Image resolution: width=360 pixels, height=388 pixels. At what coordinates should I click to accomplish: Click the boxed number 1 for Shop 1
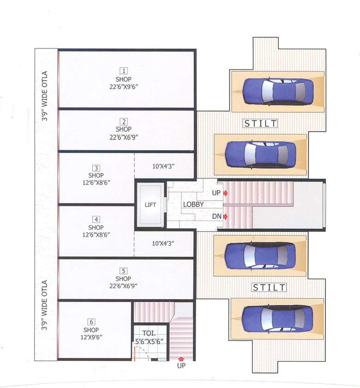[x=124, y=71]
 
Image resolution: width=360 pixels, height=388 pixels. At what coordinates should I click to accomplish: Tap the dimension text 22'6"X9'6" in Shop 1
[x=124, y=87]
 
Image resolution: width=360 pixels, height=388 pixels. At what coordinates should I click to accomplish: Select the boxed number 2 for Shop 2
[x=124, y=122]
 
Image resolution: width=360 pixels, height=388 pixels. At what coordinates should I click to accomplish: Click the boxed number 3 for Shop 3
[x=96, y=168]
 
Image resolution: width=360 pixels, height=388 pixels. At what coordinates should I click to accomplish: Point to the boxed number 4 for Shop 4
[x=96, y=219]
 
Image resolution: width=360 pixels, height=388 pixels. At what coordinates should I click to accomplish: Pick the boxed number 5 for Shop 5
[x=124, y=271]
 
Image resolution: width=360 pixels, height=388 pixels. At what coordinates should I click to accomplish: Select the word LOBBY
[x=193, y=204]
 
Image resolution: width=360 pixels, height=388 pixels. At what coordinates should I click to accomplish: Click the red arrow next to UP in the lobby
[x=225, y=193]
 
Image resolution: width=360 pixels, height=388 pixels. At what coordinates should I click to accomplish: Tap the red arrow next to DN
[x=225, y=216]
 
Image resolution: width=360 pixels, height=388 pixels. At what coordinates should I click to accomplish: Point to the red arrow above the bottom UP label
[x=181, y=358]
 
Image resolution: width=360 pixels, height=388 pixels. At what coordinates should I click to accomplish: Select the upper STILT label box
[x=261, y=123]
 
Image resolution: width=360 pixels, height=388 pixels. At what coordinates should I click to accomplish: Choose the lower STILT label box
[x=269, y=287]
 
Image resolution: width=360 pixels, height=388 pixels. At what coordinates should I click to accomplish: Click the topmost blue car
[x=277, y=91]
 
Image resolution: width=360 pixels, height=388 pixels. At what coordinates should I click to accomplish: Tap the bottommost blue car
[x=277, y=318]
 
